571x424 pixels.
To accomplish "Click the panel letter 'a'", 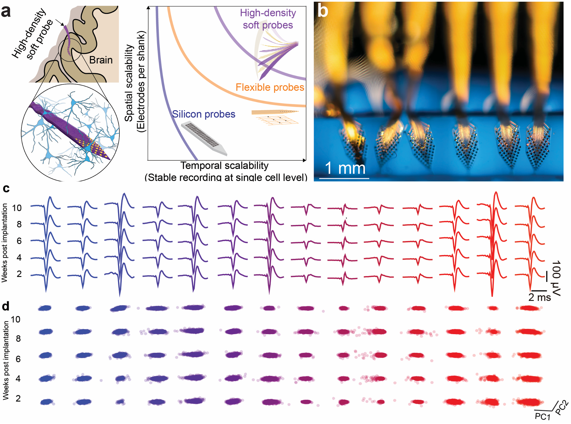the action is coord(6,12).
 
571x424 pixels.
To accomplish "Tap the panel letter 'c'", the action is coord(6,189).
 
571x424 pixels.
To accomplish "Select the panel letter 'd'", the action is coord(6,306).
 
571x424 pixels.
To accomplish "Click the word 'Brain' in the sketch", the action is coord(101,60).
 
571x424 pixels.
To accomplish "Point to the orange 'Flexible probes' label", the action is coord(270,87).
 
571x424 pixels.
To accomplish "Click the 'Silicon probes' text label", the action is coord(204,114).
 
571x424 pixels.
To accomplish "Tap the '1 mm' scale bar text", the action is coord(345,168).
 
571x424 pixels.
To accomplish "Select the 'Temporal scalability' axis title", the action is coord(224,165).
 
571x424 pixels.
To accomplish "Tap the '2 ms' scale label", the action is coord(539,297).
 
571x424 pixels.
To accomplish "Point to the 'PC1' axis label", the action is coord(543,416).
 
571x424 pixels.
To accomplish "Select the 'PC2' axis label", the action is coord(561,407).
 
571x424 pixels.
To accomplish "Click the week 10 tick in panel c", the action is coord(17,208).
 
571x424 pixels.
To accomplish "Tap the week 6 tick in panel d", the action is coord(18,359).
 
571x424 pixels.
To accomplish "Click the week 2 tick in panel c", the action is coord(19,274).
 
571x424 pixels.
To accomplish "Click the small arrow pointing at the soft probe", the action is coord(60,22).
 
